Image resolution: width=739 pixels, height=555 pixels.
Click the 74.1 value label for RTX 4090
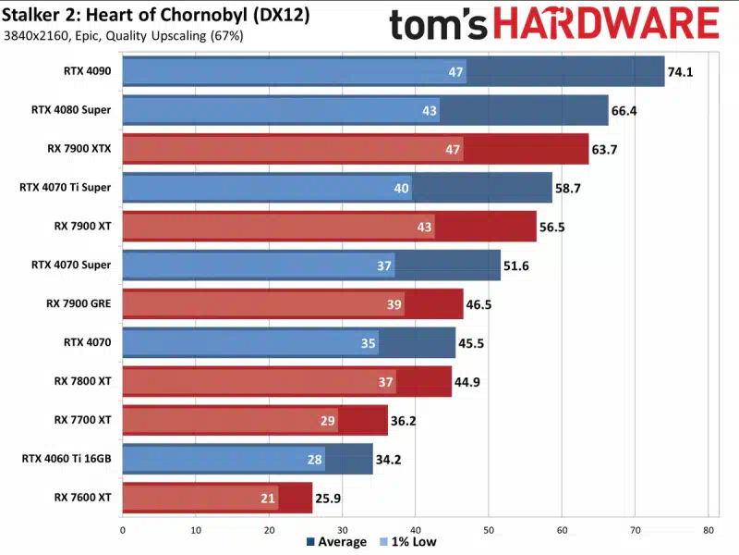679,71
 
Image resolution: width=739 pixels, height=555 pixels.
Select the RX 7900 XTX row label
79,148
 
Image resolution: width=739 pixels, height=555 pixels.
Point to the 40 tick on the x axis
415,530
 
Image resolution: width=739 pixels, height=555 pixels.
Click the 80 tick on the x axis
708,530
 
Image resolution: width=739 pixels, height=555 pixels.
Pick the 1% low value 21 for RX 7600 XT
268,498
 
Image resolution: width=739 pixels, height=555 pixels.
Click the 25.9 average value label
328,498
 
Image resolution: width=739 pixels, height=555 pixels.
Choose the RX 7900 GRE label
79,303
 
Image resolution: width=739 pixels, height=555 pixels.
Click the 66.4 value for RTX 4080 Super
625,110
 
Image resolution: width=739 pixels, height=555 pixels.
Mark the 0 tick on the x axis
122,530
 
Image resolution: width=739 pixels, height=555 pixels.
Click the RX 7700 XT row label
83,419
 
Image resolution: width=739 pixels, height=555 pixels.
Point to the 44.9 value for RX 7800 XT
467,381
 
